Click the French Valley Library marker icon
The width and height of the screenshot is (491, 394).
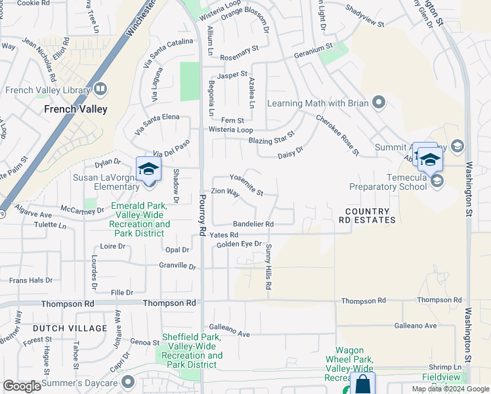coord(100,89)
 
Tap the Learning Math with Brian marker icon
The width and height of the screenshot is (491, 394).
coord(378,102)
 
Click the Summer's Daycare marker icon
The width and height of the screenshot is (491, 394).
coord(128,382)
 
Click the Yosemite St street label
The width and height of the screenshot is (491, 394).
coord(246,185)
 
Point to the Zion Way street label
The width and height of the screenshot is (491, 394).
coord(224,192)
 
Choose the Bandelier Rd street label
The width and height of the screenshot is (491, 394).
coord(253,224)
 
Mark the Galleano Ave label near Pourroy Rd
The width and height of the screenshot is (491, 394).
coord(229,331)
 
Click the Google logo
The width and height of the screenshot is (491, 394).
coord(22,385)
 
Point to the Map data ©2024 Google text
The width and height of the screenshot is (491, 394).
coord(450,389)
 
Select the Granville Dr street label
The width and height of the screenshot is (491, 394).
coord(178,267)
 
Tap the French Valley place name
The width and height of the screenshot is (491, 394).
coord(75,110)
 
